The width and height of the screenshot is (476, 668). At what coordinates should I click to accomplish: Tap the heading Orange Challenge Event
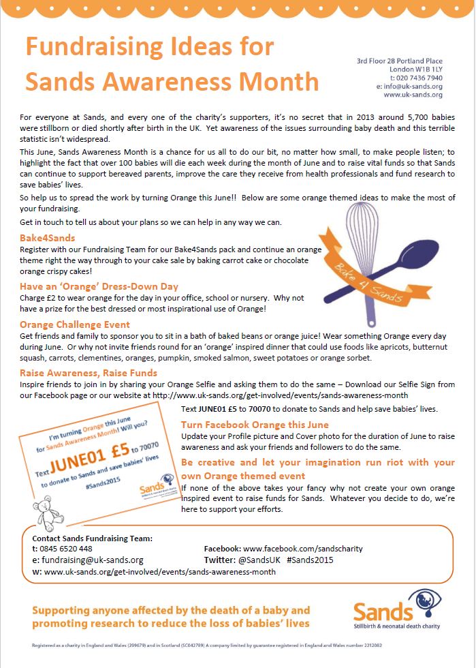click(75, 324)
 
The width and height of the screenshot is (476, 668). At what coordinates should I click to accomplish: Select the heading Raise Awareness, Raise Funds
click(89, 373)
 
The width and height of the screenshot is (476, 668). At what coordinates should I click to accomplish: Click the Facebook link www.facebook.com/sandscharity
click(302, 549)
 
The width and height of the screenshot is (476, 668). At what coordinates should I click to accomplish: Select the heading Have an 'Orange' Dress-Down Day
click(99, 287)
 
